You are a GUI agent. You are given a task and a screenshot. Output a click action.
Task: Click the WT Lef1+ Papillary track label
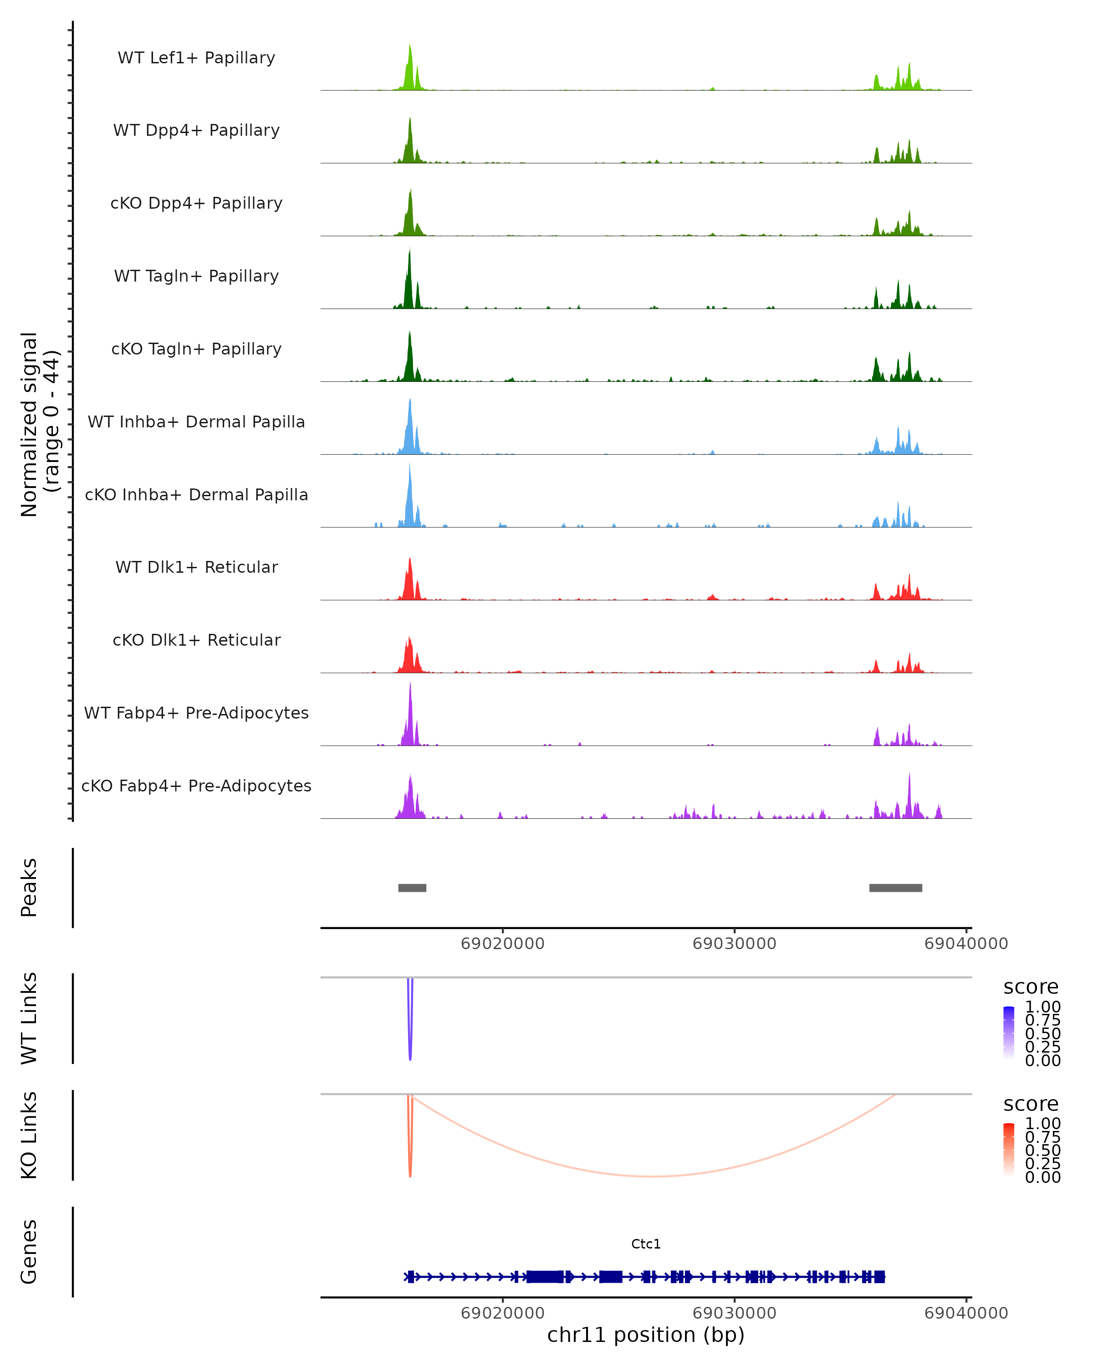(x=196, y=58)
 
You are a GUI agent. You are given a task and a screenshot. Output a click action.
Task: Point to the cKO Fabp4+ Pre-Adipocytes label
(x=196, y=786)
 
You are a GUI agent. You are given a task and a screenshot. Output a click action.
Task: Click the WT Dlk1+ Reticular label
(x=196, y=567)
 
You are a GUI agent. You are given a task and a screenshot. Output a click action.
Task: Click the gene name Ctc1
(x=646, y=1244)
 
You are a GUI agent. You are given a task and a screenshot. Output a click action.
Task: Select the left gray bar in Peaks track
(x=412, y=888)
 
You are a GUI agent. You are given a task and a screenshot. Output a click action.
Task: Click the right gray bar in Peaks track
(x=895, y=888)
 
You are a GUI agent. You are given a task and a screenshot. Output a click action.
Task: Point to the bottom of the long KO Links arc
(x=653, y=1176)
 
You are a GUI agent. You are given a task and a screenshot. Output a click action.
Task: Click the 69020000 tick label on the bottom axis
(x=502, y=1313)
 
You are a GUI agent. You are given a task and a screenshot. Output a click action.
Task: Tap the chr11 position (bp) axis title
(x=646, y=1335)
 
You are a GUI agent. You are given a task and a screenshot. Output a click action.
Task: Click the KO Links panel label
(x=29, y=1135)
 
